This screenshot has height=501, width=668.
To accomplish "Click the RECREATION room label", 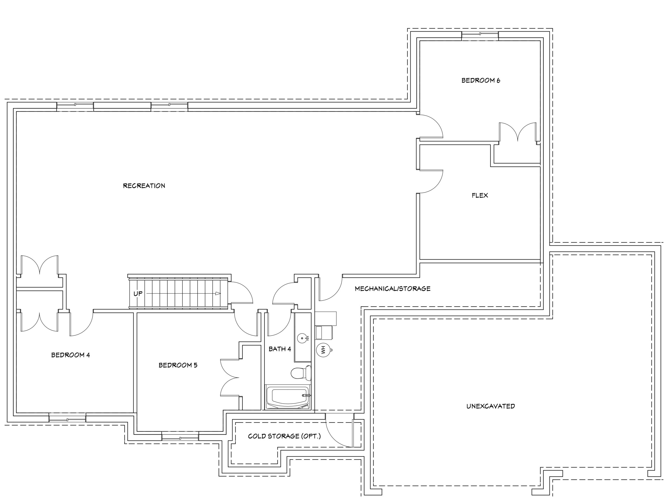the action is click(x=144, y=186).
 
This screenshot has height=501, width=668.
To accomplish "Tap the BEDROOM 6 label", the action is click(x=481, y=80).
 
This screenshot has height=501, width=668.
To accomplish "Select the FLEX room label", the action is click(x=480, y=195).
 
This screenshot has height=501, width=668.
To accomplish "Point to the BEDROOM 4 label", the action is click(x=71, y=355).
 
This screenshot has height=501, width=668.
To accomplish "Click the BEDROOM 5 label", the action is click(x=178, y=365).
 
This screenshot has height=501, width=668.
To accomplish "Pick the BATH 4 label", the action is click(x=280, y=349).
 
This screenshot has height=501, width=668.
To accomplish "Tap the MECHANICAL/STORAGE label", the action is click(x=393, y=289).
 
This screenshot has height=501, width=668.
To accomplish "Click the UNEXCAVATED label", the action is click(x=491, y=406).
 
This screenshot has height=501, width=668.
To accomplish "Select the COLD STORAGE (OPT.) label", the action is click(x=284, y=436).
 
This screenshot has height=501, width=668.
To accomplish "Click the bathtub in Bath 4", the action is click(x=288, y=397).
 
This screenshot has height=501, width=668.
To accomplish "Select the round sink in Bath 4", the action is click(x=302, y=338).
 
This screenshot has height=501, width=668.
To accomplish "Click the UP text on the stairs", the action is click(x=138, y=294).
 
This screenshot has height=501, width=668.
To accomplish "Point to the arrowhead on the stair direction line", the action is click(x=218, y=294).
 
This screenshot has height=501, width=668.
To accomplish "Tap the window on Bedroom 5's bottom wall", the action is click(x=180, y=436).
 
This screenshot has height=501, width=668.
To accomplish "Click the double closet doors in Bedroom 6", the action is click(x=518, y=132).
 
